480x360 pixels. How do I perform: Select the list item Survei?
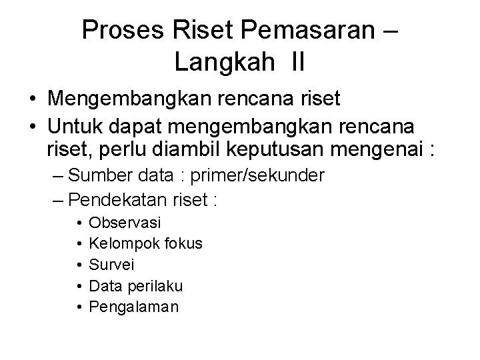click(111, 265)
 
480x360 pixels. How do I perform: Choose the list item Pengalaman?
click(133, 307)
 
